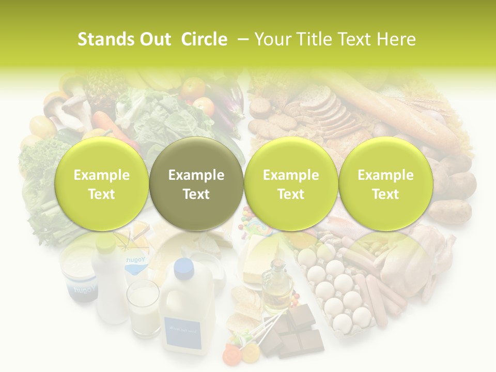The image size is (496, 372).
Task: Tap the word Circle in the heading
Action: (204, 39)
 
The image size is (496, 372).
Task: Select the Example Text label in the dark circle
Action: (196, 184)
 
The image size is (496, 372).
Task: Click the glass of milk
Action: (144, 308)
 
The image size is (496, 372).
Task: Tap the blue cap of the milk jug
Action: (183, 268)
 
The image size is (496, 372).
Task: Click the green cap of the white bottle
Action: (105, 242)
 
